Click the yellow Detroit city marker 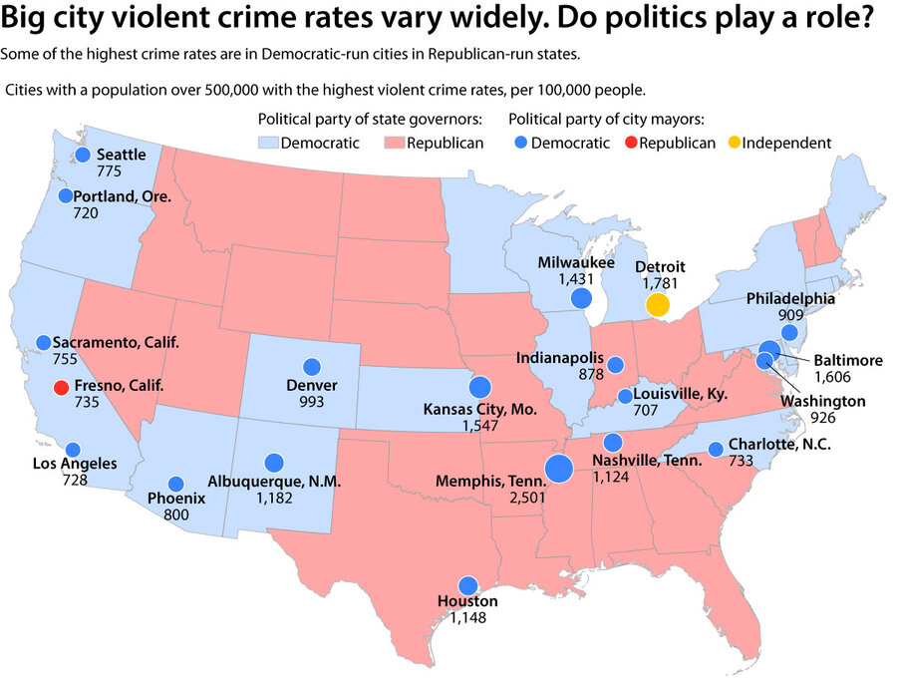[657, 305]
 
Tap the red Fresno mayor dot [61, 387]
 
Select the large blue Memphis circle [558, 468]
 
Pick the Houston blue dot [467, 586]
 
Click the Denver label [311, 385]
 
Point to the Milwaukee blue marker [581, 298]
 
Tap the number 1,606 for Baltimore [835, 378]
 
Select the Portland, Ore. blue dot [66, 196]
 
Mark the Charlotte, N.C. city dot [716, 449]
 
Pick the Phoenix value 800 [175, 514]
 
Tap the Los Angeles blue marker [73, 450]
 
